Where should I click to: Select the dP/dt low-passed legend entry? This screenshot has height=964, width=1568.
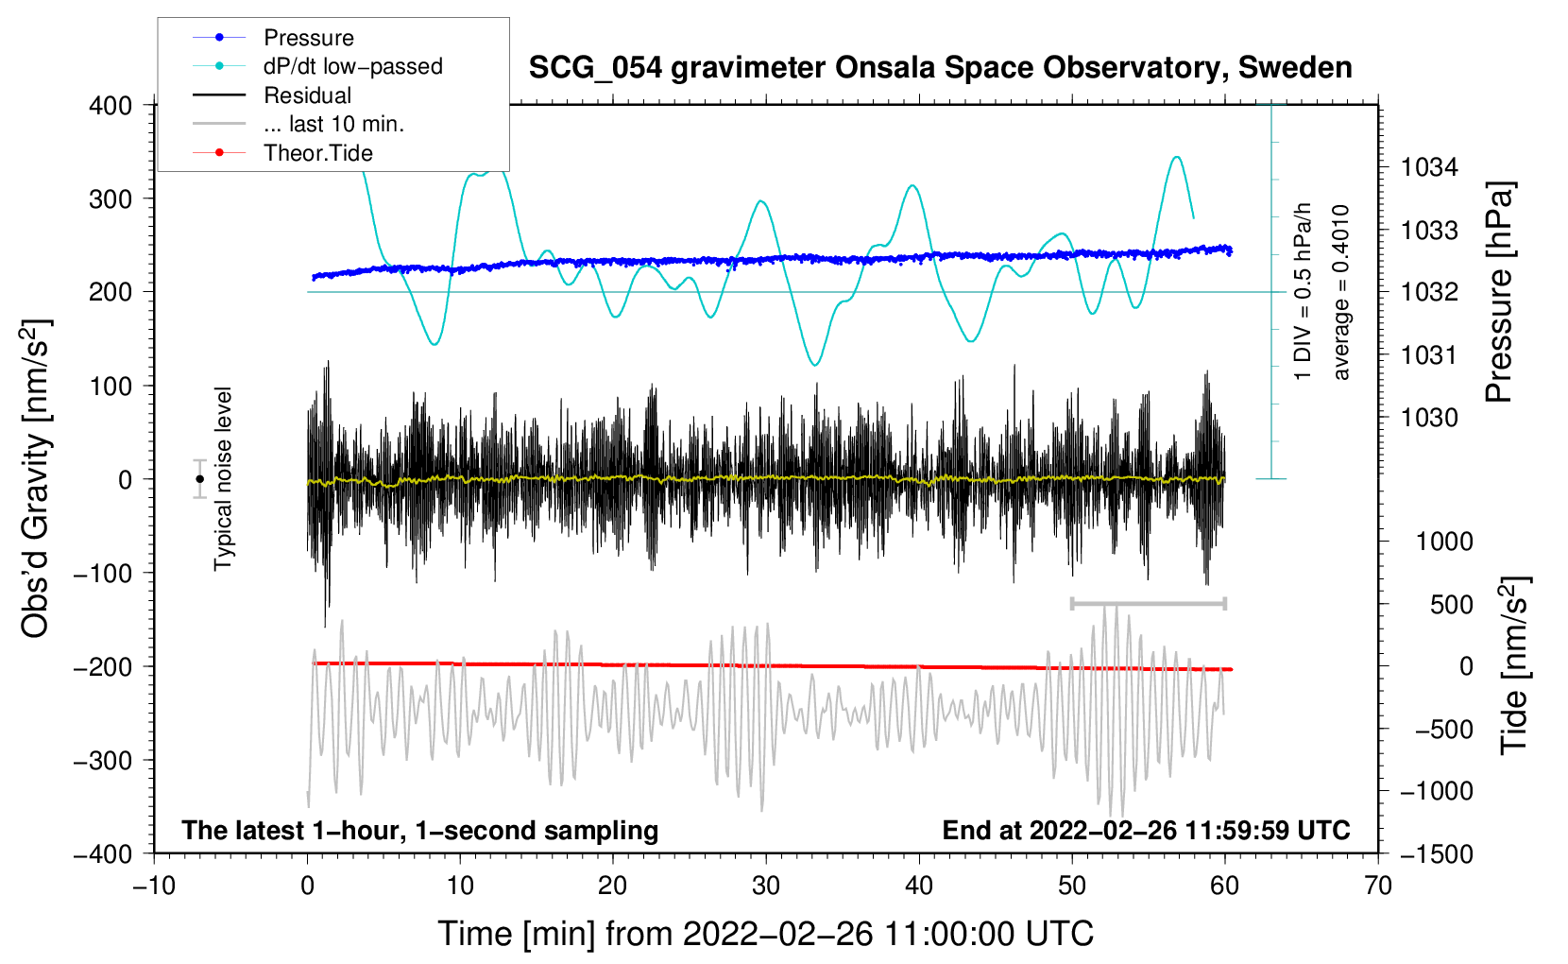pyautogui.click(x=352, y=66)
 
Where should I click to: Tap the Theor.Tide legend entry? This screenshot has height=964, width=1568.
pyautogui.click(x=317, y=153)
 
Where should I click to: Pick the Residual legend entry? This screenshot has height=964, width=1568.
pyautogui.click(x=307, y=95)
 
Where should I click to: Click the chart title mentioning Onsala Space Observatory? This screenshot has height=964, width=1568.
pyautogui.click(x=940, y=68)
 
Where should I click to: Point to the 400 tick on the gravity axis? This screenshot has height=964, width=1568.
pyautogui.click(x=111, y=106)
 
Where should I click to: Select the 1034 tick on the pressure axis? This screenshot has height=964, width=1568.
pyautogui.click(x=1429, y=168)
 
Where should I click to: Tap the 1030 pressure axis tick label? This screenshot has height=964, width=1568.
pyautogui.click(x=1429, y=418)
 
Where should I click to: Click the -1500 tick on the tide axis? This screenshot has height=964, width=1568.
pyautogui.click(x=1436, y=854)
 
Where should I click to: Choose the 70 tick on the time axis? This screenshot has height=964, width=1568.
pyautogui.click(x=1378, y=887)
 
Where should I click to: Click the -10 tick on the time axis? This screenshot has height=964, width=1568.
pyautogui.click(x=154, y=887)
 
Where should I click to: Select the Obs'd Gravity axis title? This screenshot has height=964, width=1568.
pyautogui.click(x=35, y=479)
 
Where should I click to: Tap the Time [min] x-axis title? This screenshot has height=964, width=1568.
pyautogui.click(x=765, y=934)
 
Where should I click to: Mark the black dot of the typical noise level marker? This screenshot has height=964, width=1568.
pyautogui.click(x=199, y=479)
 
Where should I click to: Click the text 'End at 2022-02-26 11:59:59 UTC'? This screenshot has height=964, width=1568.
pyautogui.click(x=1146, y=831)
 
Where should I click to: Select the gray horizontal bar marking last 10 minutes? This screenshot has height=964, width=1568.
pyautogui.click(x=1148, y=603)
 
